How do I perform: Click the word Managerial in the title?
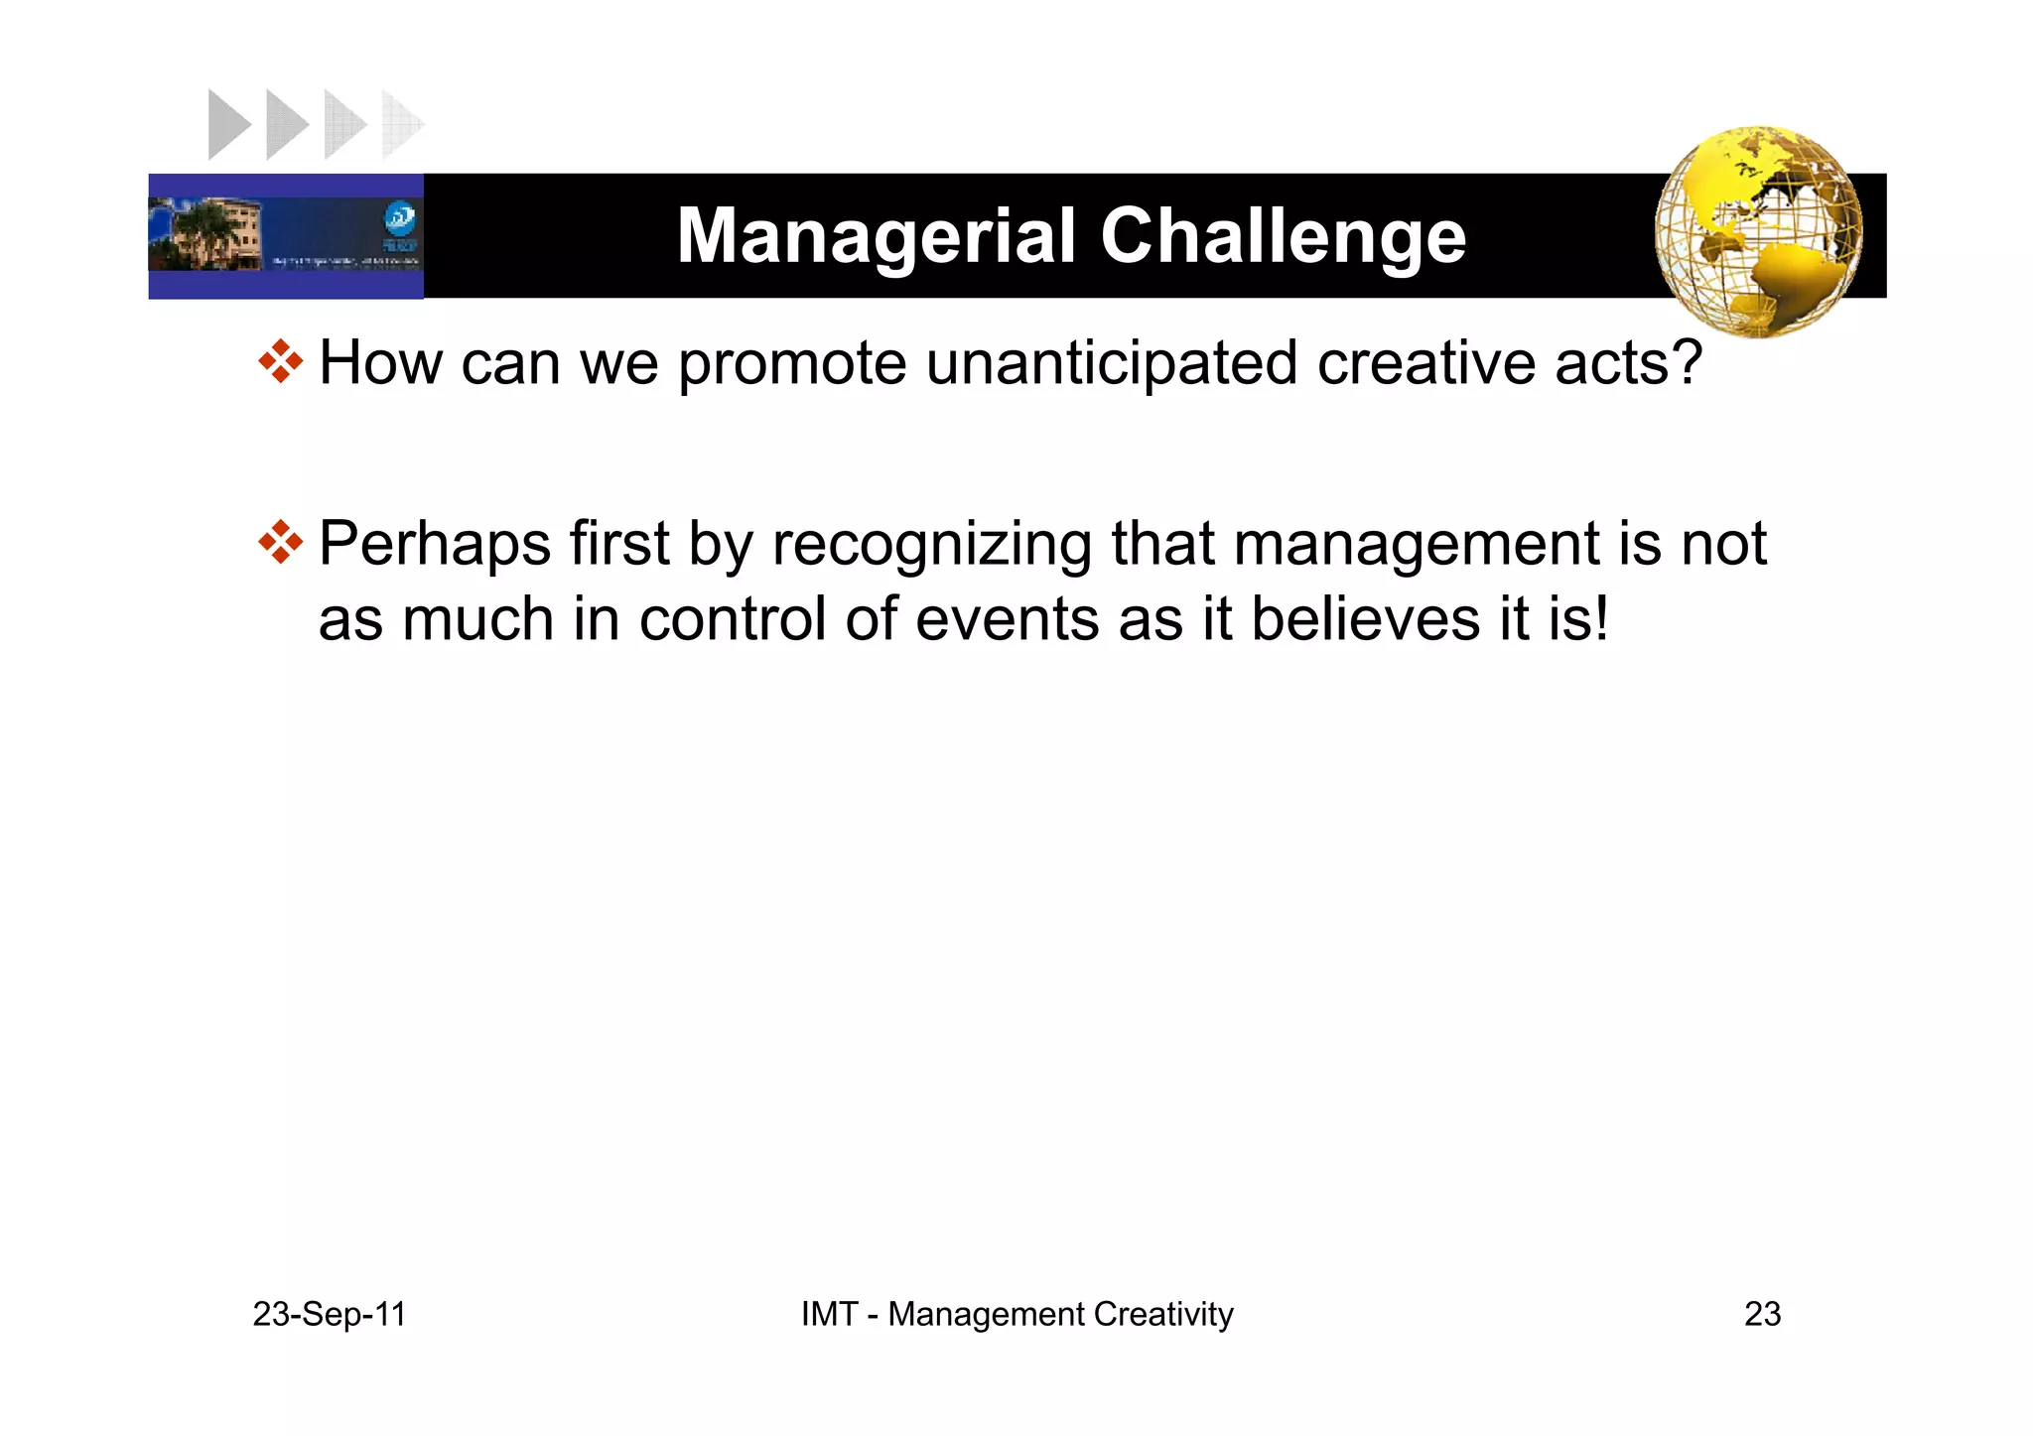(877, 236)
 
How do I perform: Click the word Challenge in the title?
(1283, 236)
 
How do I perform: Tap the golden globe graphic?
(1758, 231)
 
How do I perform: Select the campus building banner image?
(286, 236)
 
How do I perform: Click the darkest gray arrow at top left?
(228, 125)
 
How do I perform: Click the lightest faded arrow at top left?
(401, 125)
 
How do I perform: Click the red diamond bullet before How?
(281, 362)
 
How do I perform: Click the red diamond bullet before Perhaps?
(281, 543)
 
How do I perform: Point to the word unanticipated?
(1111, 363)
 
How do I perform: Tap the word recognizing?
(931, 546)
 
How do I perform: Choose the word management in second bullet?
(1416, 546)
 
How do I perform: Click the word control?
(732, 619)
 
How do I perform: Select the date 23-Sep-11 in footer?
(330, 1314)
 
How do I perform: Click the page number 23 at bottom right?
(1762, 1314)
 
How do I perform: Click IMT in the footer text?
(828, 1314)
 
